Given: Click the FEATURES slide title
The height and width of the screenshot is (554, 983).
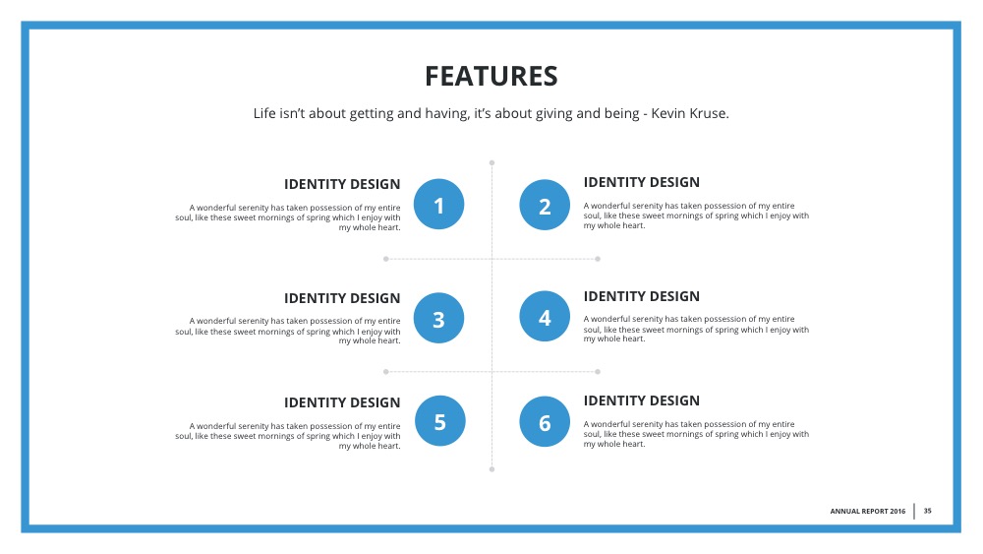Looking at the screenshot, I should pyautogui.click(x=491, y=76).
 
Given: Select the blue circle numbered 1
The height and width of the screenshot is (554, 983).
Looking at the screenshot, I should pyautogui.click(x=439, y=205).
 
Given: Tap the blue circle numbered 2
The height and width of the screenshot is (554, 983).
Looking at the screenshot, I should pyautogui.click(x=545, y=205).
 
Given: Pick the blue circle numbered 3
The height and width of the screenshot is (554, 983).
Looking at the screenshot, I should pyautogui.click(x=439, y=318).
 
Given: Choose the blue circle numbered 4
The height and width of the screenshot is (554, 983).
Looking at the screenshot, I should pyautogui.click(x=545, y=317).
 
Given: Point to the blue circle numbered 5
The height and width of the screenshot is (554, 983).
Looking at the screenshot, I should pyautogui.click(x=439, y=421).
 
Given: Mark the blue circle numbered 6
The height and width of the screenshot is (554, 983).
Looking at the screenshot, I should pyautogui.click(x=545, y=422).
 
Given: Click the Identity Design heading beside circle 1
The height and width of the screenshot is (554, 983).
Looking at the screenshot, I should pyautogui.click(x=342, y=184).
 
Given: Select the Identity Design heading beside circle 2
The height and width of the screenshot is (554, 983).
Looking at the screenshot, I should pyautogui.click(x=642, y=182).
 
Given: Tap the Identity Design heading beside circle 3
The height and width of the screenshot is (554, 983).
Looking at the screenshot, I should pyautogui.click(x=342, y=298).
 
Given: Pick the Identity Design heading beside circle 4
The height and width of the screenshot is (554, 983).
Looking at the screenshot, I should pyautogui.click(x=642, y=296).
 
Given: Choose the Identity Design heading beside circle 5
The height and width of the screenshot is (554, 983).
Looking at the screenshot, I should pyautogui.click(x=342, y=402).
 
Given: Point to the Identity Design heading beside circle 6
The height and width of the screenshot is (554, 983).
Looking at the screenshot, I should pyautogui.click(x=642, y=400).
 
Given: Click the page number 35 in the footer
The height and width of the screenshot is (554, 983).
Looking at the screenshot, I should pyautogui.click(x=927, y=511).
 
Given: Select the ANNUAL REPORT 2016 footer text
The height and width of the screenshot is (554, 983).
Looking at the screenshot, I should pyautogui.click(x=867, y=512).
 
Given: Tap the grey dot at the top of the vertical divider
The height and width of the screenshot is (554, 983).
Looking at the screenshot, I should pyautogui.click(x=491, y=162).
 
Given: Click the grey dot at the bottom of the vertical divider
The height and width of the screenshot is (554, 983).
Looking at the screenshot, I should pyautogui.click(x=491, y=469).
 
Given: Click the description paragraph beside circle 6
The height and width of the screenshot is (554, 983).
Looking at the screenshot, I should pyautogui.click(x=696, y=433).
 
